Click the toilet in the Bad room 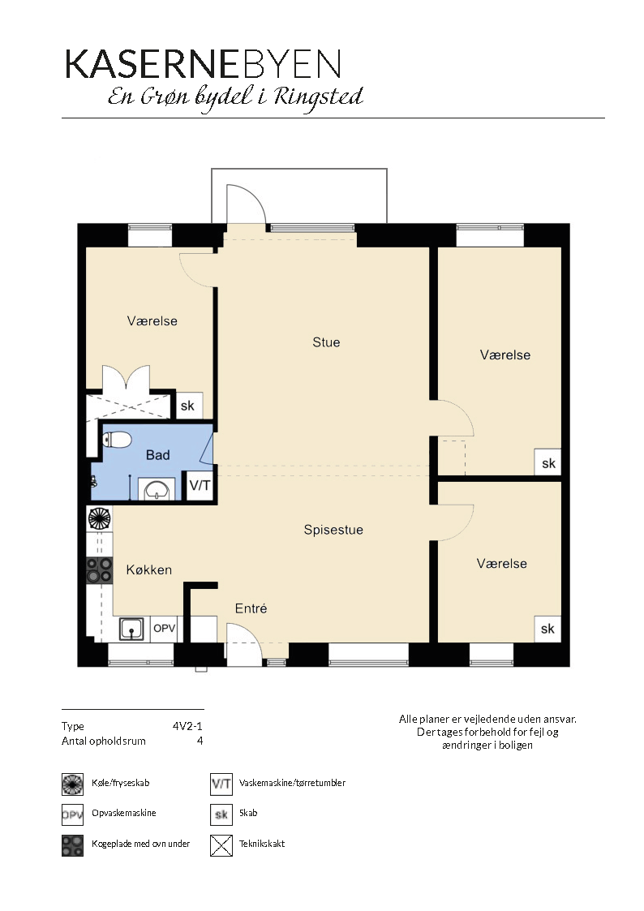pyautogui.click(x=117, y=439)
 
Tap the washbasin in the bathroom pyautogui.click(x=157, y=490)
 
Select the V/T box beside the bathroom pyautogui.click(x=200, y=486)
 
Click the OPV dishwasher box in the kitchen pyautogui.click(x=164, y=629)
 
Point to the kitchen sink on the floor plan pyautogui.click(x=132, y=629)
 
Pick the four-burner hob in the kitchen pyautogui.click(x=99, y=569)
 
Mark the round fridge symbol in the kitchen pyautogui.click(x=99, y=518)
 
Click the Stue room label pyautogui.click(x=326, y=342)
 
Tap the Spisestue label pyautogui.click(x=333, y=530)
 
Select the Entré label pyautogui.click(x=251, y=608)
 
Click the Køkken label pyautogui.click(x=149, y=570)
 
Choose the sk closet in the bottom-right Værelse pyautogui.click(x=547, y=629)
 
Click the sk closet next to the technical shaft pyautogui.click(x=187, y=406)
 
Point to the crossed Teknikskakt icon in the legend pyautogui.click(x=221, y=845)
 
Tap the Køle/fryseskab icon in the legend pyautogui.click(x=72, y=784)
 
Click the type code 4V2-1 pyautogui.click(x=187, y=726)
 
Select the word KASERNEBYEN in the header pyautogui.click(x=204, y=64)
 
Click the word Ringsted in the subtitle pyautogui.click(x=318, y=97)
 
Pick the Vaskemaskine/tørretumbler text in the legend pyautogui.click(x=292, y=783)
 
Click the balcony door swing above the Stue pyautogui.click(x=247, y=204)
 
